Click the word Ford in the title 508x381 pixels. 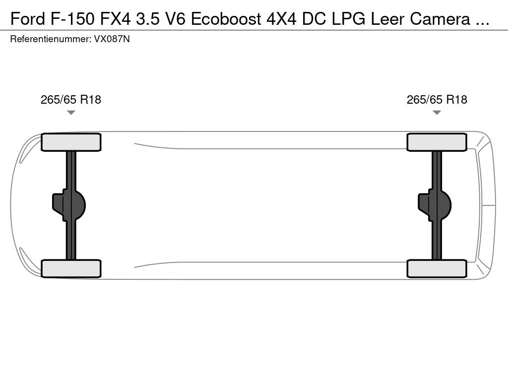(x=28, y=19)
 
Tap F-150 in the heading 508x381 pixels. (x=73, y=19)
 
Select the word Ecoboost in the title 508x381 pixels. (x=226, y=19)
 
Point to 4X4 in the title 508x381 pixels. (x=281, y=19)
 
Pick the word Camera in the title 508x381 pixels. (x=440, y=19)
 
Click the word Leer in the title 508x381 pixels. (x=387, y=19)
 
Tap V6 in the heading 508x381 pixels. (x=175, y=19)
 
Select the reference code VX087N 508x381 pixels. (x=112, y=39)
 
